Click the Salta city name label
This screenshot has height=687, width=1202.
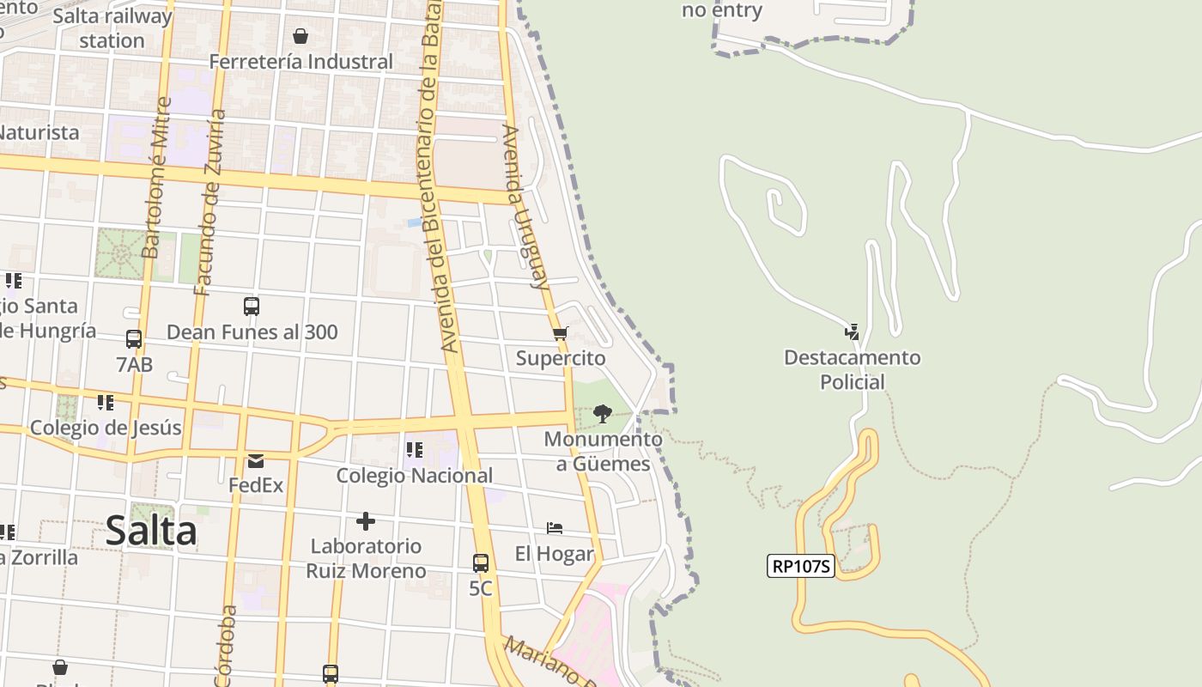[151, 531]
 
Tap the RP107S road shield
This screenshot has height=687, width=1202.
[801, 566]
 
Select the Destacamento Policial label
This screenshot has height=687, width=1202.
[852, 369]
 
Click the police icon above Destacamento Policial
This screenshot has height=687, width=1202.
[852, 331]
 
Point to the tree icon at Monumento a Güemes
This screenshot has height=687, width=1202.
[603, 414]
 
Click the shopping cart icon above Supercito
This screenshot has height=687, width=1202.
[561, 333]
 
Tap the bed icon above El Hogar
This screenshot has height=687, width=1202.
[555, 527]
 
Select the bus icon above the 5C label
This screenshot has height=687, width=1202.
[481, 563]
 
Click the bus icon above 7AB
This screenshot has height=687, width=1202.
[134, 339]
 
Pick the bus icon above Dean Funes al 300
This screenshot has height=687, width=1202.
[252, 307]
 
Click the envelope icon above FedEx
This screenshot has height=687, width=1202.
[256, 461]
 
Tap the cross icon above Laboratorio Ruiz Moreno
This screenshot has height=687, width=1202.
[366, 521]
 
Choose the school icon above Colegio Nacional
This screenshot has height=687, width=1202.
[415, 449]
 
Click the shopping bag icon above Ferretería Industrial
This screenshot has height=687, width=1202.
[300, 36]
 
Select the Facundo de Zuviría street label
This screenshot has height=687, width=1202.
[210, 202]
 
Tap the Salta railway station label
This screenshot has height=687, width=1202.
[112, 28]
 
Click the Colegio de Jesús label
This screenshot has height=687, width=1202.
[106, 428]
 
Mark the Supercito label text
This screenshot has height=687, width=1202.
[561, 358]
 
